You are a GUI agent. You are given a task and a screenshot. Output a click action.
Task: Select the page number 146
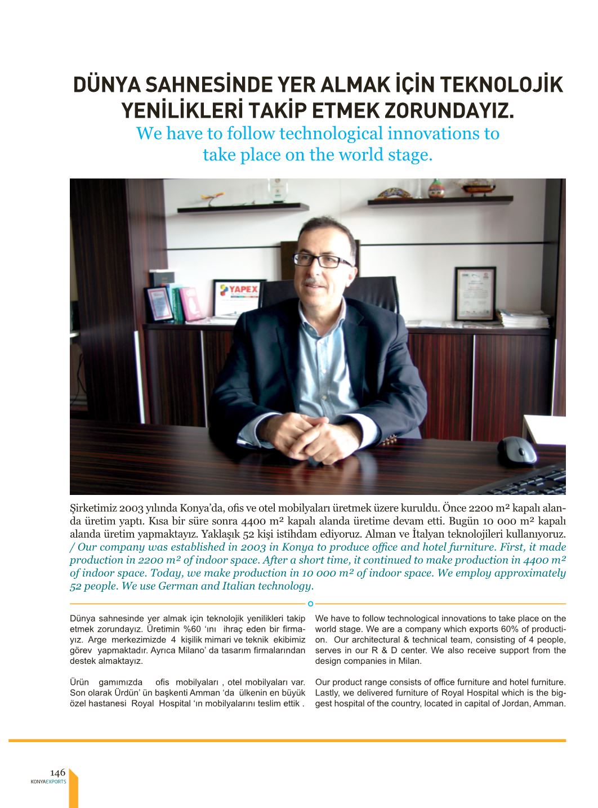point(58,772)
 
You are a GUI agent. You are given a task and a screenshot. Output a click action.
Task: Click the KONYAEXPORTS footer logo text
point(48,782)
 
